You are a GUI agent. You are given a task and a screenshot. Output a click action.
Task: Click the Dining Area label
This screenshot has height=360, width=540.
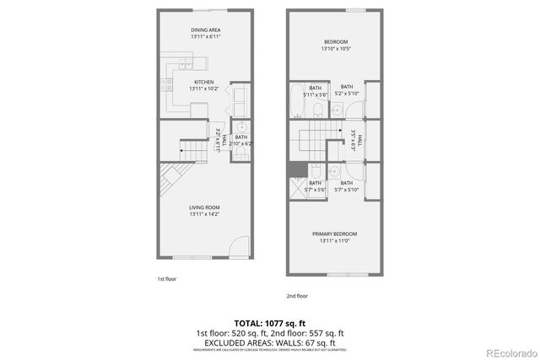point(205,30)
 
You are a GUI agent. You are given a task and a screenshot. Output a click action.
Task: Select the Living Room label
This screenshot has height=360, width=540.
point(205,208)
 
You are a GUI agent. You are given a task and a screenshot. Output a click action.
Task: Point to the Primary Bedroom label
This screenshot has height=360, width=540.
point(334,234)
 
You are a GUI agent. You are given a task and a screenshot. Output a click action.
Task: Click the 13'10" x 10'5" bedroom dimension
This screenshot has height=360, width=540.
point(335,49)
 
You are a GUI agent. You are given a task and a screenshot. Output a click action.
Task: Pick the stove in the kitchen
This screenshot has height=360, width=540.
point(167,84)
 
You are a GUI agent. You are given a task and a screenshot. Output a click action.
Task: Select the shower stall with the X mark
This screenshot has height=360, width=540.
point(297,187)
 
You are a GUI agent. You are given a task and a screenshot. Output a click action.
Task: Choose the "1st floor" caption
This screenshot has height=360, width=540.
point(166,278)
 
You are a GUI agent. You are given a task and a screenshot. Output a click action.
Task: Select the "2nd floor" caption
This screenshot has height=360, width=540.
point(297,296)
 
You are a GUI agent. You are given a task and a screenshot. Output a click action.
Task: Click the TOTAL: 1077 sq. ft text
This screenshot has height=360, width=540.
point(270,322)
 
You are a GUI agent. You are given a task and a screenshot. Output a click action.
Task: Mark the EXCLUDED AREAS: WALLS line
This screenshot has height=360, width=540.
point(270,342)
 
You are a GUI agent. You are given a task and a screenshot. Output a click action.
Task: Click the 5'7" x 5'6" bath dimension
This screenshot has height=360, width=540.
point(316,190)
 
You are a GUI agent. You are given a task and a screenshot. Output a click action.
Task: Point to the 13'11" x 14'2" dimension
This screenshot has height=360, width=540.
point(205,215)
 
